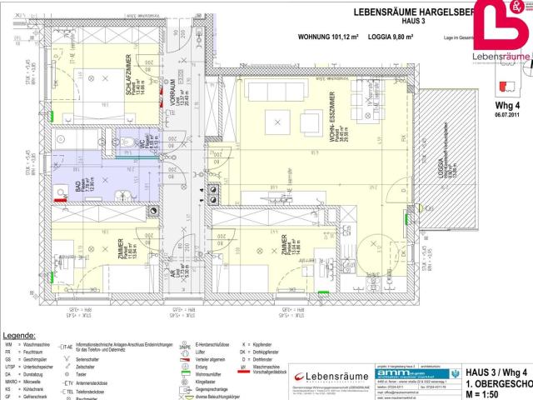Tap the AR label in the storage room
(x=174, y=272)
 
